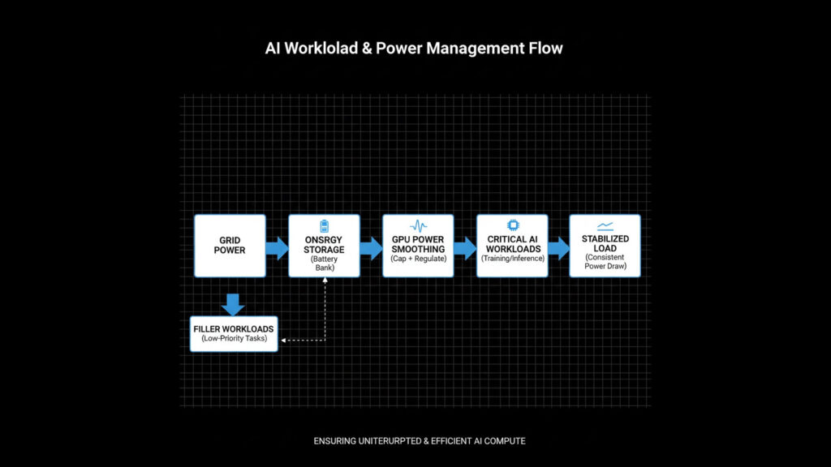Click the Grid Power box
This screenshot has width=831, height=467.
(230, 246)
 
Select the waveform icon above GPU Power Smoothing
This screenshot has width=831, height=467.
(419, 225)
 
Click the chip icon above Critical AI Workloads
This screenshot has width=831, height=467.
(513, 225)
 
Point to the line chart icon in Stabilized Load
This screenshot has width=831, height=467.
(605, 226)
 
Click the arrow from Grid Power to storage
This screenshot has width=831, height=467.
(277, 246)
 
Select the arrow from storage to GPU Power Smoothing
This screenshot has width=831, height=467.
(371, 246)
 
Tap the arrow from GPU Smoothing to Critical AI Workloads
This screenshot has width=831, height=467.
(465, 246)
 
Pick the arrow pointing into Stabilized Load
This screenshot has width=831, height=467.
(558, 246)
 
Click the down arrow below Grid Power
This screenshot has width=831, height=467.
(234, 304)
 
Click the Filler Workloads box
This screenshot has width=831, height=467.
(234, 333)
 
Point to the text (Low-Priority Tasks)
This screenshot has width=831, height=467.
(234, 338)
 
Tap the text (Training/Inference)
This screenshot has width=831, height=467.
(512, 259)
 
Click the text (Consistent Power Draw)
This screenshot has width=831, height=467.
(605, 261)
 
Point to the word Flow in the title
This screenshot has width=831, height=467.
(546, 49)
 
